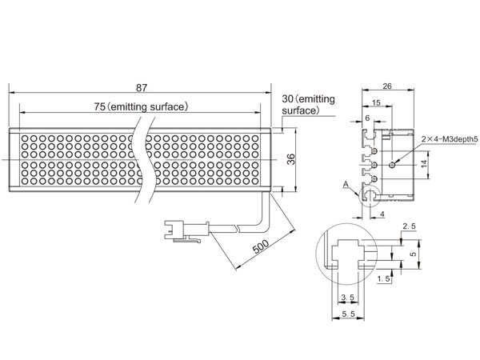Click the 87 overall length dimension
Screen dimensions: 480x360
tap(142, 88)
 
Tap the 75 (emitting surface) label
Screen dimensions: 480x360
tap(141, 106)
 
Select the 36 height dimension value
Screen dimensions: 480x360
tap(291, 159)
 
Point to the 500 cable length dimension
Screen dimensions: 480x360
tap(261, 246)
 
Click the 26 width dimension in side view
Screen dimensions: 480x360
tap(387, 86)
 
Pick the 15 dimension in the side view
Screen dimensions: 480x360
tap(376, 102)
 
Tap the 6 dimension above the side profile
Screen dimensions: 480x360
tap(367, 118)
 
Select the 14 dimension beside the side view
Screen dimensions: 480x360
tap(424, 164)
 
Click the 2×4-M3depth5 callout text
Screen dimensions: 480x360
tap(450, 139)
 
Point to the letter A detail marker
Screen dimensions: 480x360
tap(346, 184)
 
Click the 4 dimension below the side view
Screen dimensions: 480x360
tap(382, 214)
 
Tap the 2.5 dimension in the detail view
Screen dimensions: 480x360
tap(410, 226)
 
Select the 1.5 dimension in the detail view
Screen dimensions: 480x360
tap(383, 278)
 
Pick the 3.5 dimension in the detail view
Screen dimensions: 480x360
tap(348, 297)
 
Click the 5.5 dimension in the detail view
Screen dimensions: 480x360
tap(348, 314)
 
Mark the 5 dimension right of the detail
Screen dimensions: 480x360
tap(414, 254)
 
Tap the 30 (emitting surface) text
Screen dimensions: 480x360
tap(308, 104)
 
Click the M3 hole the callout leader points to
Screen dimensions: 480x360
tap(392, 165)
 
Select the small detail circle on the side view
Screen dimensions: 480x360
tap(379, 195)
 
